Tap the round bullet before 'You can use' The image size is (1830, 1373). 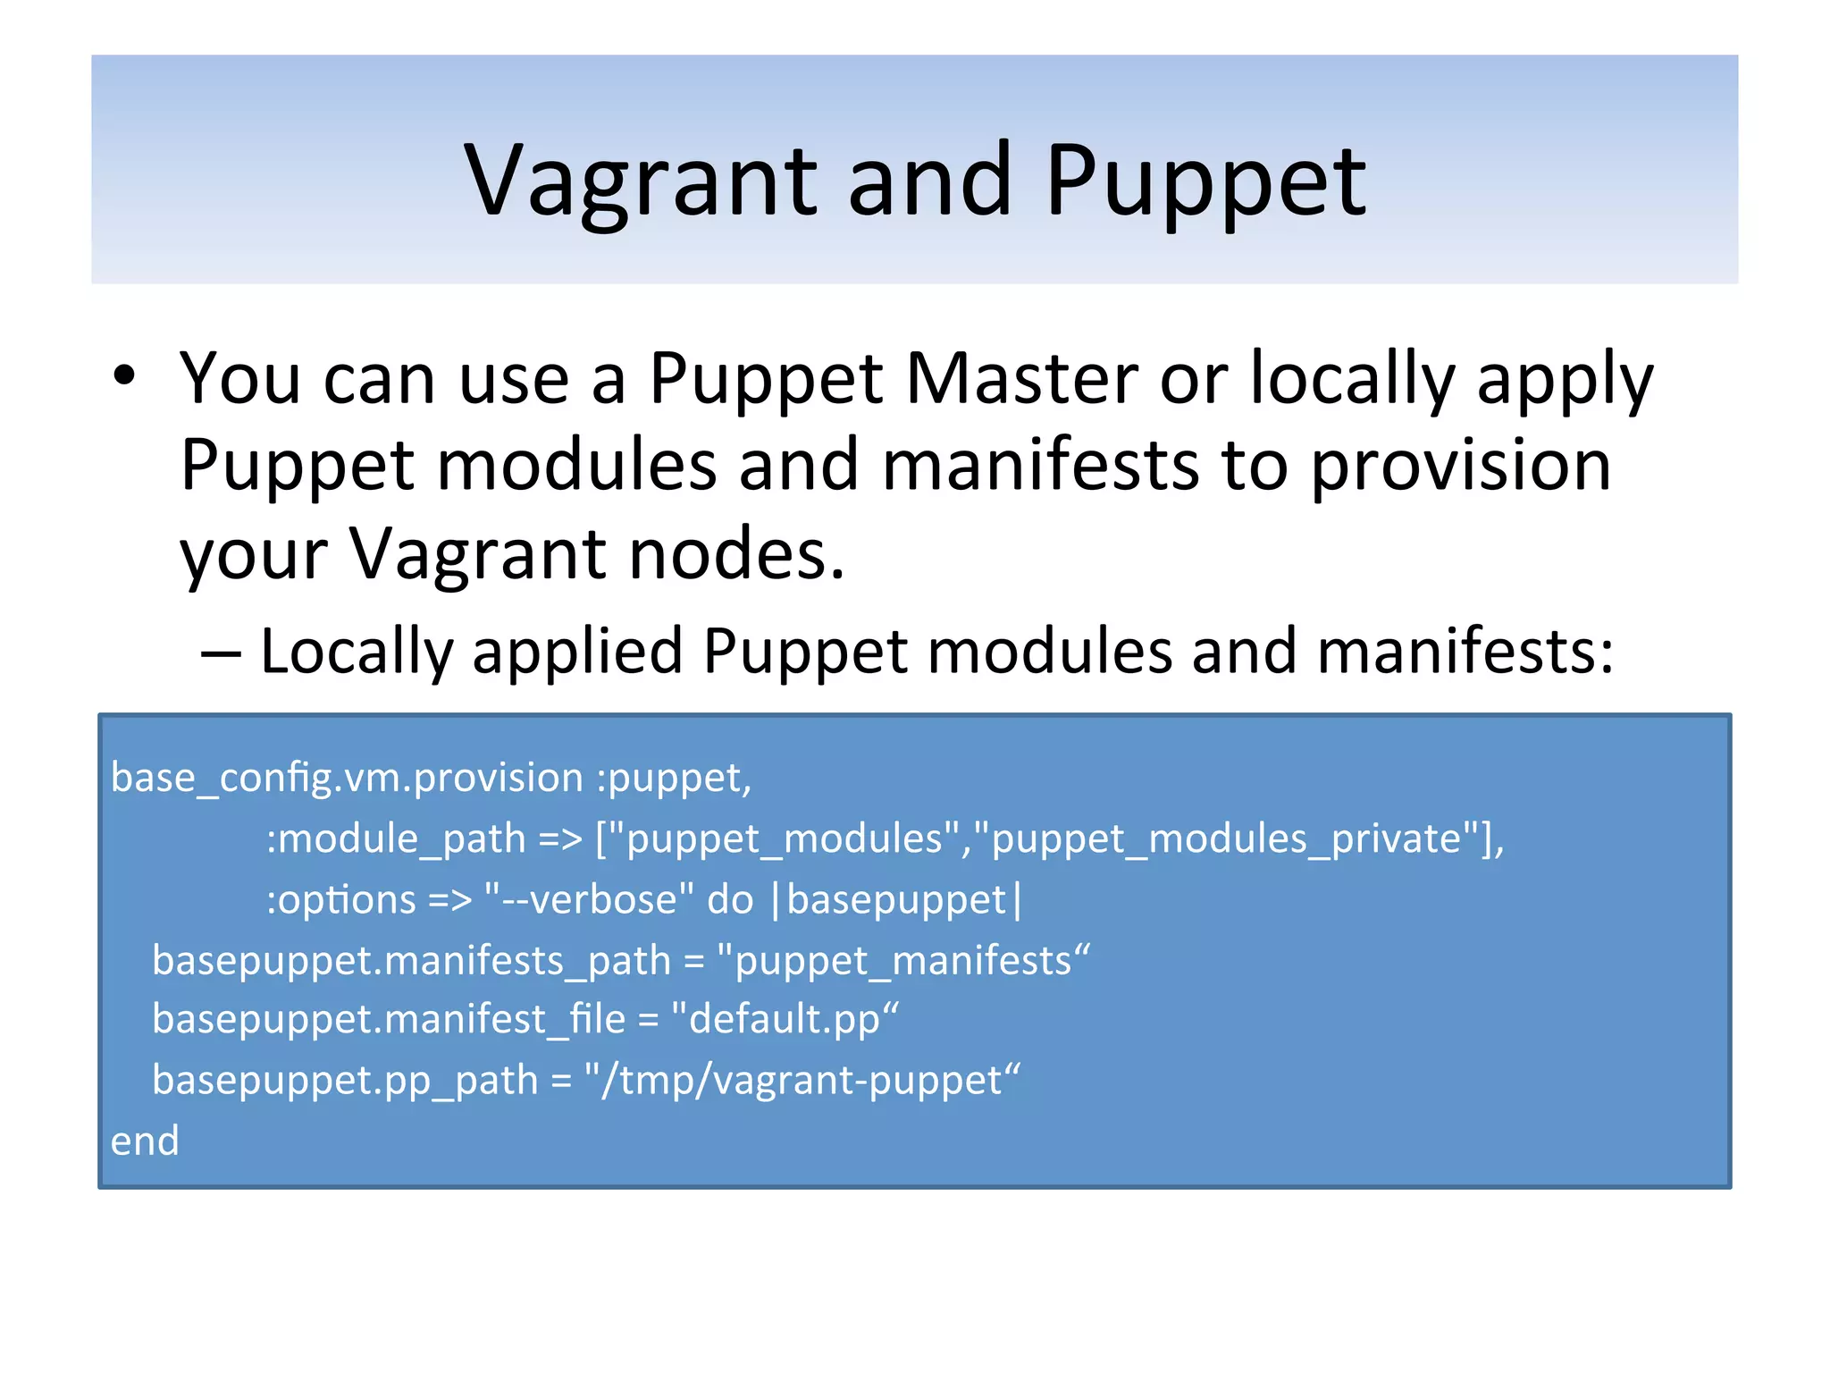[124, 375]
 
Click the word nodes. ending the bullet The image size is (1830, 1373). [736, 554]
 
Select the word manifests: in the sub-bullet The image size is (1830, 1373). [1465, 651]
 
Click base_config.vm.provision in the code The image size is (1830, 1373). [347, 778]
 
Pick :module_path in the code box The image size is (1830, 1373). [396, 839]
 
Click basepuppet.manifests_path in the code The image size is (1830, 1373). [411, 961]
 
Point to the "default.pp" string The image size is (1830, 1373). [785, 1020]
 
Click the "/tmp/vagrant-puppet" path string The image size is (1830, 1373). [802, 1081]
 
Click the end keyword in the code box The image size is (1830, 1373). [145, 1141]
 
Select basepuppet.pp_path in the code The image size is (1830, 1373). [345, 1081]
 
